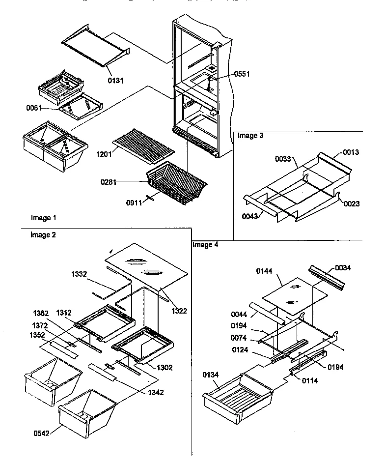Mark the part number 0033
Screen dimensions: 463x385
coord(283,159)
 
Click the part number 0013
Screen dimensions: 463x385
coord(351,152)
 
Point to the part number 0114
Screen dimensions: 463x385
coord(309,379)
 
